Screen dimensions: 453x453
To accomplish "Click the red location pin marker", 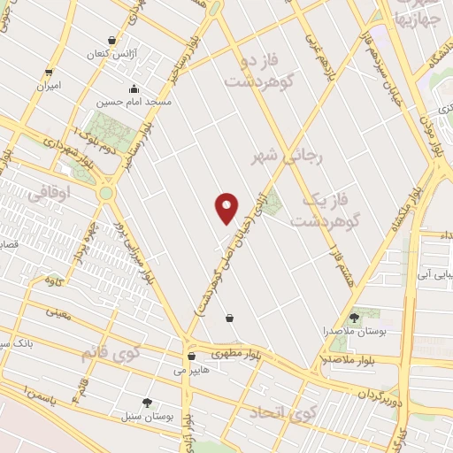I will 227,208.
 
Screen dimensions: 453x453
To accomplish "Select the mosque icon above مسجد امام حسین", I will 133,88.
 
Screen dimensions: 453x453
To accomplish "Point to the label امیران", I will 47,87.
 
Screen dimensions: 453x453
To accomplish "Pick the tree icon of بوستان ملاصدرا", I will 355,317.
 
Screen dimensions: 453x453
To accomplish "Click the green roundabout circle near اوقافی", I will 106,193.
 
